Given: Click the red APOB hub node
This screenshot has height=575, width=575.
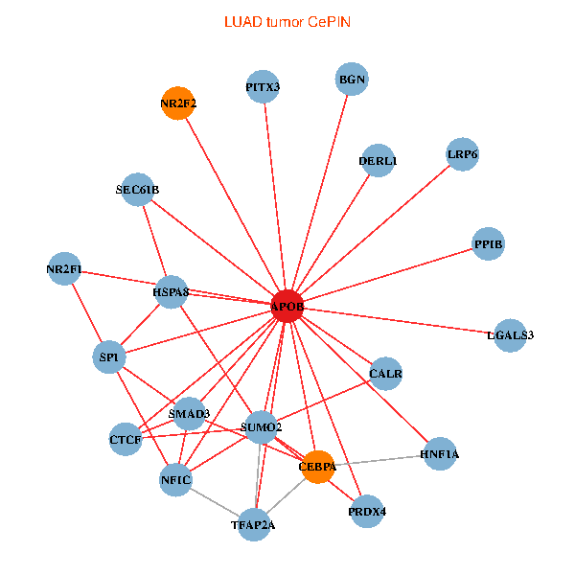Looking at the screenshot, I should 287,307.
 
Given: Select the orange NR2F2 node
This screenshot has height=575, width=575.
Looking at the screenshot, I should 178,103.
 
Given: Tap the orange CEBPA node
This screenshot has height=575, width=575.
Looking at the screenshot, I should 317,467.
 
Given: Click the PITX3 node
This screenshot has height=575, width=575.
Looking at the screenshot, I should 263,87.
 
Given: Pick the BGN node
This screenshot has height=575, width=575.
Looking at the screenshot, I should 353,79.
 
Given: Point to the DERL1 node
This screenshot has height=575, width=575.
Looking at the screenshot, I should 379,161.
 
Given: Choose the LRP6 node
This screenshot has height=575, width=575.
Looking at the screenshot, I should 462,154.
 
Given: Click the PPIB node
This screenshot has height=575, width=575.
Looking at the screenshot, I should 488,244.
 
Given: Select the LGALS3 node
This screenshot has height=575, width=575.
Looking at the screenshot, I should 510,334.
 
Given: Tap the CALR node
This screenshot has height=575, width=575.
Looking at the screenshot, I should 385,373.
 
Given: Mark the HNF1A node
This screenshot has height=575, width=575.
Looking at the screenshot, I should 439,454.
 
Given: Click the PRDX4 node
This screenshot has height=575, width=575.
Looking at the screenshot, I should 368,511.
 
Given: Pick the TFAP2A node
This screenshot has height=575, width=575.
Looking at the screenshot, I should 255,524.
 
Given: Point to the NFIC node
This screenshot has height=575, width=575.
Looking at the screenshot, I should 176,479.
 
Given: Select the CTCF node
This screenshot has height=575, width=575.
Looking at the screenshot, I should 126,440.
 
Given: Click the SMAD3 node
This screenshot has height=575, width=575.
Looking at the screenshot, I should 189,414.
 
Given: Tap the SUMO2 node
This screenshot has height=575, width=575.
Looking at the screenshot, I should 262,426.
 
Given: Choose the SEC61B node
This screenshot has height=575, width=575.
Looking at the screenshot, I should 138,190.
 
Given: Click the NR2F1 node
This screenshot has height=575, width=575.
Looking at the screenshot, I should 64,270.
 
